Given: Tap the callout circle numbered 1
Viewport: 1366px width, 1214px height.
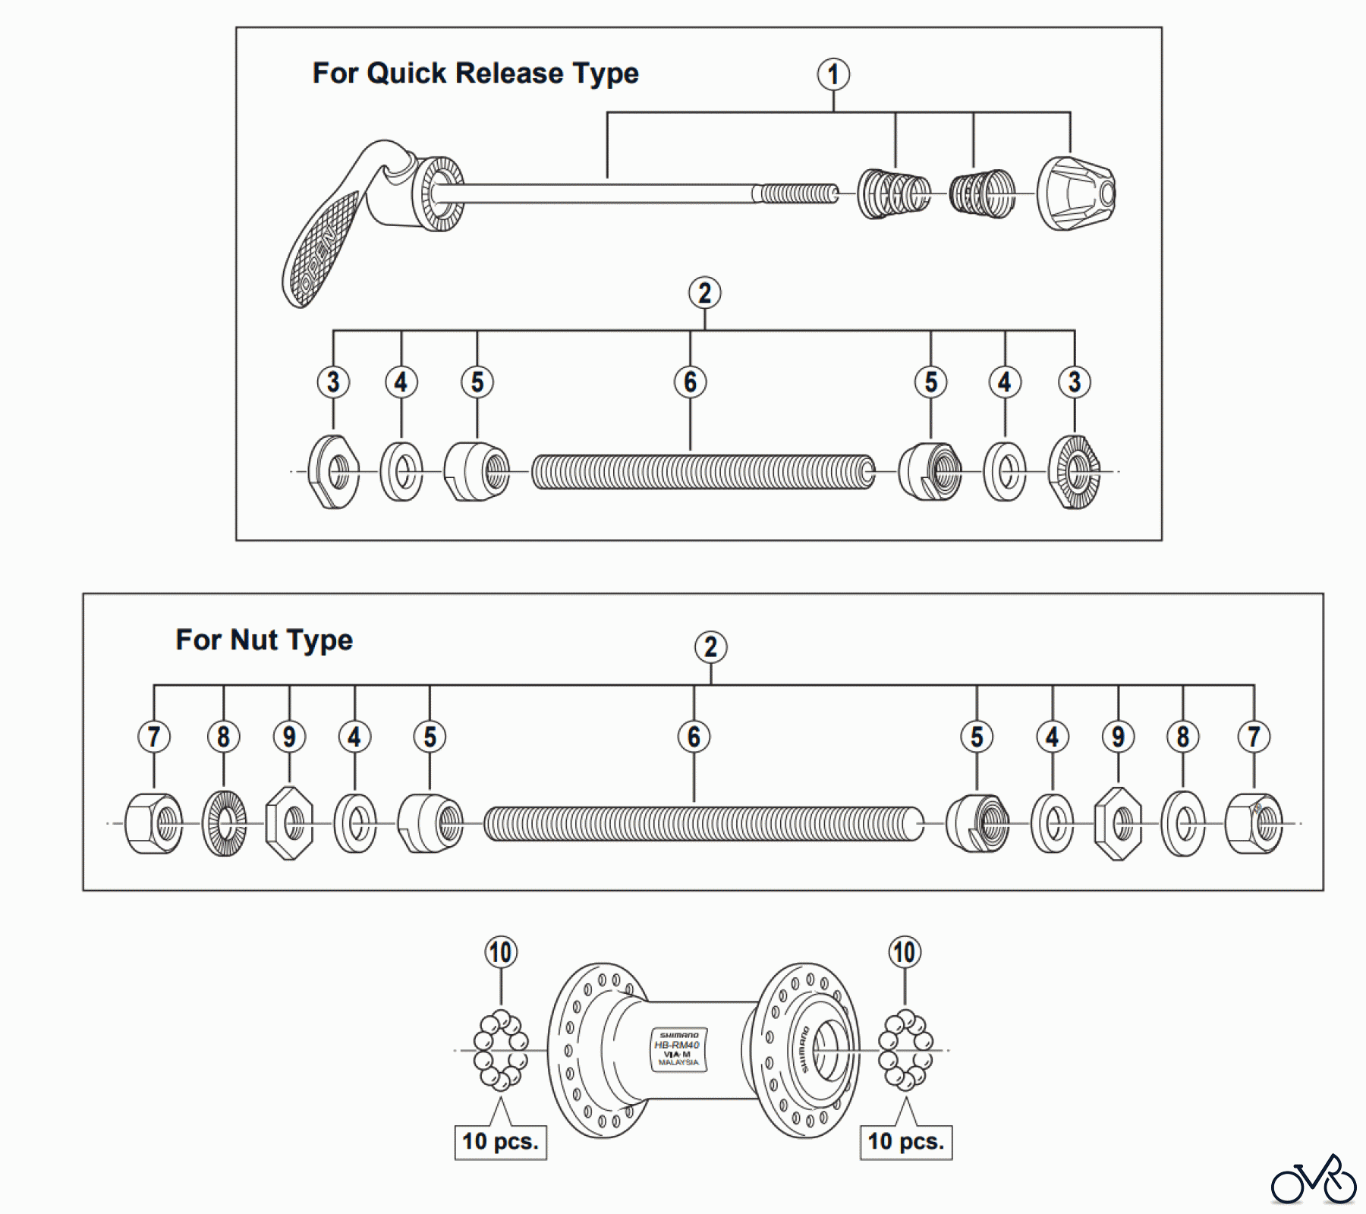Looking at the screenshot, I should coord(833,74).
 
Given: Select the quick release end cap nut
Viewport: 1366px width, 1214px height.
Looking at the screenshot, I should coord(1075,193).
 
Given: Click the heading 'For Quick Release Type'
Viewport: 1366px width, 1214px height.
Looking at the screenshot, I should coord(475,74).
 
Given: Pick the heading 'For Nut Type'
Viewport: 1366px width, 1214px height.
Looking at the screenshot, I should coord(264,640).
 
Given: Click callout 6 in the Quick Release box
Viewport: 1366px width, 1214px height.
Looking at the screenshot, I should coord(690,382).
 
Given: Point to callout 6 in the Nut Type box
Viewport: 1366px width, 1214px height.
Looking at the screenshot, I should coord(694,736).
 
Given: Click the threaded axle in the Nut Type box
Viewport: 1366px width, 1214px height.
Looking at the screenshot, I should coord(703,824).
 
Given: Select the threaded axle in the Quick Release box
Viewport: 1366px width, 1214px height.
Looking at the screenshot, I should coord(703,472).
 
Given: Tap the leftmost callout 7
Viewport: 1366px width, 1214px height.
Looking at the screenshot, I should coord(154,736).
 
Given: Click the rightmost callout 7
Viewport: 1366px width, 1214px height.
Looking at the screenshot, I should coord(1254,736).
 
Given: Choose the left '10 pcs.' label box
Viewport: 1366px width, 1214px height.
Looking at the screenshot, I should coord(500,1142).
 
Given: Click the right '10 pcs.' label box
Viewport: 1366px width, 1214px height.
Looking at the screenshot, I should coord(905,1142).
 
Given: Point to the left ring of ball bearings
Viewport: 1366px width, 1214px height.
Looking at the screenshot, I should coord(501,1050).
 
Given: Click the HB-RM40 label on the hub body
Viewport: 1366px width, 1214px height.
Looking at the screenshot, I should coord(678,1049).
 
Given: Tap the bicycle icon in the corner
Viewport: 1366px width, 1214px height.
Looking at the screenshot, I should coord(1314,1181).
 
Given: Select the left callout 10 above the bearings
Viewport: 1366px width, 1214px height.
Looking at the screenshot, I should coord(501,952).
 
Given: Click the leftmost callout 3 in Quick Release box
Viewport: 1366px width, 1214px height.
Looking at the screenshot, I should coord(333,382).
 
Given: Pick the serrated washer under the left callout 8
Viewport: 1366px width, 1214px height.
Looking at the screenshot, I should coord(224,823).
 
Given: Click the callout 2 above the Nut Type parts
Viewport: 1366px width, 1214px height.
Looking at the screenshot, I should coord(710,647).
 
